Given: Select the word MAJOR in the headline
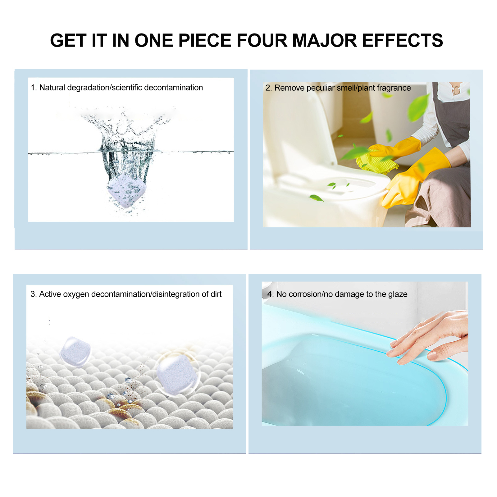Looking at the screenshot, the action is coord(325,41).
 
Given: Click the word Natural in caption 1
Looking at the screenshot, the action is coord(52,88).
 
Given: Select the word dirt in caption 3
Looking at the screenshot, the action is coord(216,294).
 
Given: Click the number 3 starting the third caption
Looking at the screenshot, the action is coord(33,294).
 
